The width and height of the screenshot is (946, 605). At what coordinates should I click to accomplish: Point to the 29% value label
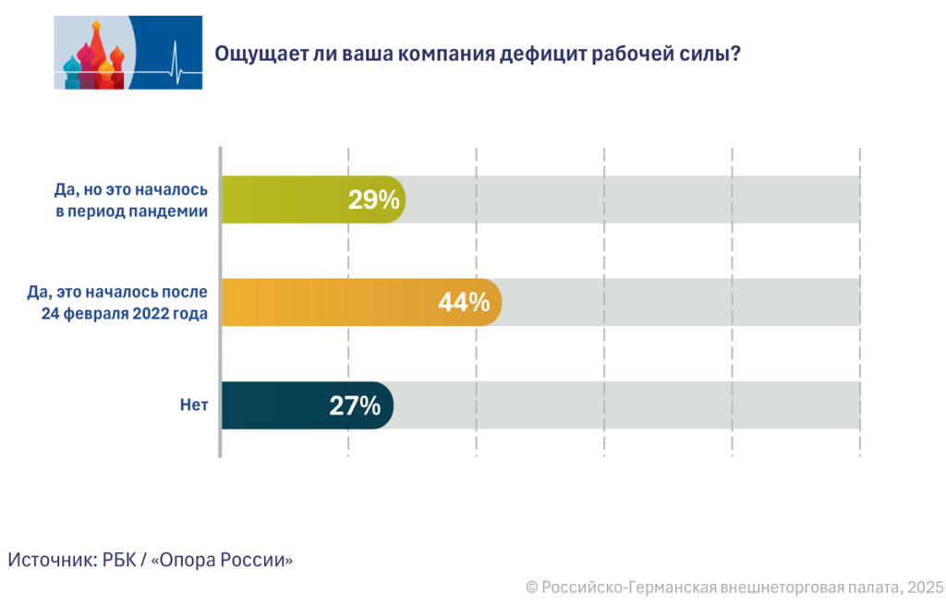(373, 200)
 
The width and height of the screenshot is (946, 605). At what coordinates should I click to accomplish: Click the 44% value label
(464, 302)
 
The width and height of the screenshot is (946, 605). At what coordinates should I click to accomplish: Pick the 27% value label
(355, 405)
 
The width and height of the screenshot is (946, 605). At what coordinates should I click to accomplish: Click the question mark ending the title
(735, 53)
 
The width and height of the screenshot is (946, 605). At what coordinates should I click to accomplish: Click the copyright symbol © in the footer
(531, 587)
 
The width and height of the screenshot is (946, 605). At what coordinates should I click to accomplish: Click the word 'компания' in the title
(447, 54)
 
